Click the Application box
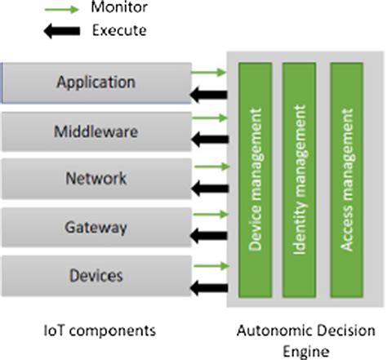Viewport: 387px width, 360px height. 96,82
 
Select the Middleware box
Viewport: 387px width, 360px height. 96,131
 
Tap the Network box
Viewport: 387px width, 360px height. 96,178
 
